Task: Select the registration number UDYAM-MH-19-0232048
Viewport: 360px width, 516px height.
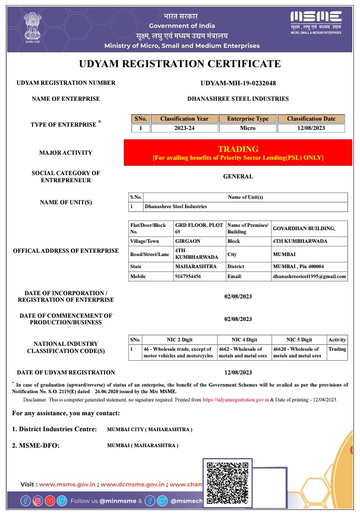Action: click(238, 83)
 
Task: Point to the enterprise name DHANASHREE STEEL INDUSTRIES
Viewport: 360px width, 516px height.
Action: click(238, 99)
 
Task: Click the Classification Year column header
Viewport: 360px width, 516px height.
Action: click(184, 118)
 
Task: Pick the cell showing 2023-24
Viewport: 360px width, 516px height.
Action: click(184, 128)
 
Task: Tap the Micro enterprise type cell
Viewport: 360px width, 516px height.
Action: click(247, 128)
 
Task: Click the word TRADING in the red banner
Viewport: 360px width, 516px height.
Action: click(238, 149)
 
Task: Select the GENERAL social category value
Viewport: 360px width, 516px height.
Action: click(238, 177)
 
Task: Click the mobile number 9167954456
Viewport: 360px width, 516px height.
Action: click(188, 276)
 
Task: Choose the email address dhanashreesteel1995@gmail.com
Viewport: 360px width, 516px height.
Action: click(309, 276)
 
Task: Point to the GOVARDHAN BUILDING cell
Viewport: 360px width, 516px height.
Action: click(296, 228)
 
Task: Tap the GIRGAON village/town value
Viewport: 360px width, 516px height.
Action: click(187, 241)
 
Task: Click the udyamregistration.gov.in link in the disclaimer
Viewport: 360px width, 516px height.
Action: click(234, 399)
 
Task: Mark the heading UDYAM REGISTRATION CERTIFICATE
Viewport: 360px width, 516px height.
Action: click(180, 64)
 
